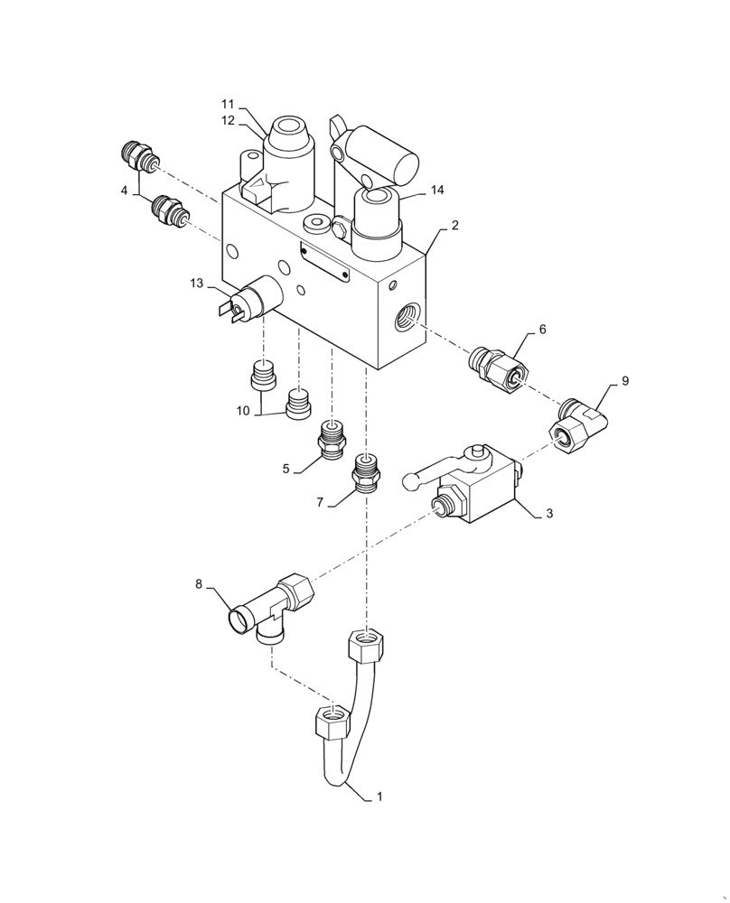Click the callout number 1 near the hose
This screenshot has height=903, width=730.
coord(380,797)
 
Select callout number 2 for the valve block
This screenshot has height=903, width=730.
coord(454,226)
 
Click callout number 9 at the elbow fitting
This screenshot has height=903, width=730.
coord(625,381)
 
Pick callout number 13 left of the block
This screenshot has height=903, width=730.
coord(197,284)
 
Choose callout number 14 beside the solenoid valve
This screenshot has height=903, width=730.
coord(437,191)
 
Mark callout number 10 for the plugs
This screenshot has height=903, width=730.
coord(243,411)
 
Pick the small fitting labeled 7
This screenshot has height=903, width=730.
coord(366,472)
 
